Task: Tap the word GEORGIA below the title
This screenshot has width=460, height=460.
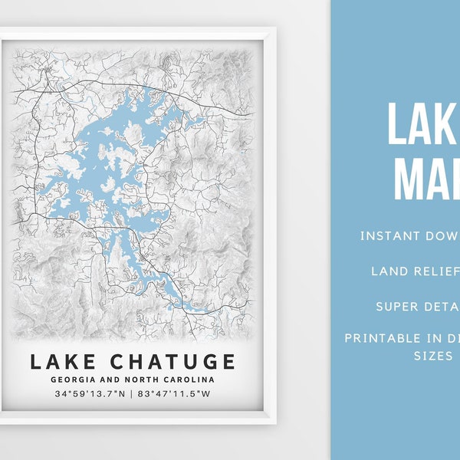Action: [x=74, y=379]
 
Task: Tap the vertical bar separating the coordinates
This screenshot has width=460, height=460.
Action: [x=133, y=394]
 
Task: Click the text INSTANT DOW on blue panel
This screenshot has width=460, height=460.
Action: [x=409, y=235]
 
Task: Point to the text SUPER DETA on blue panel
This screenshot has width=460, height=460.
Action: [x=417, y=307]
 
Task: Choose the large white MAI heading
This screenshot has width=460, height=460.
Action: [x=426, y=178]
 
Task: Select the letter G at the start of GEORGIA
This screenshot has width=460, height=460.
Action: [x=54, y=379]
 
